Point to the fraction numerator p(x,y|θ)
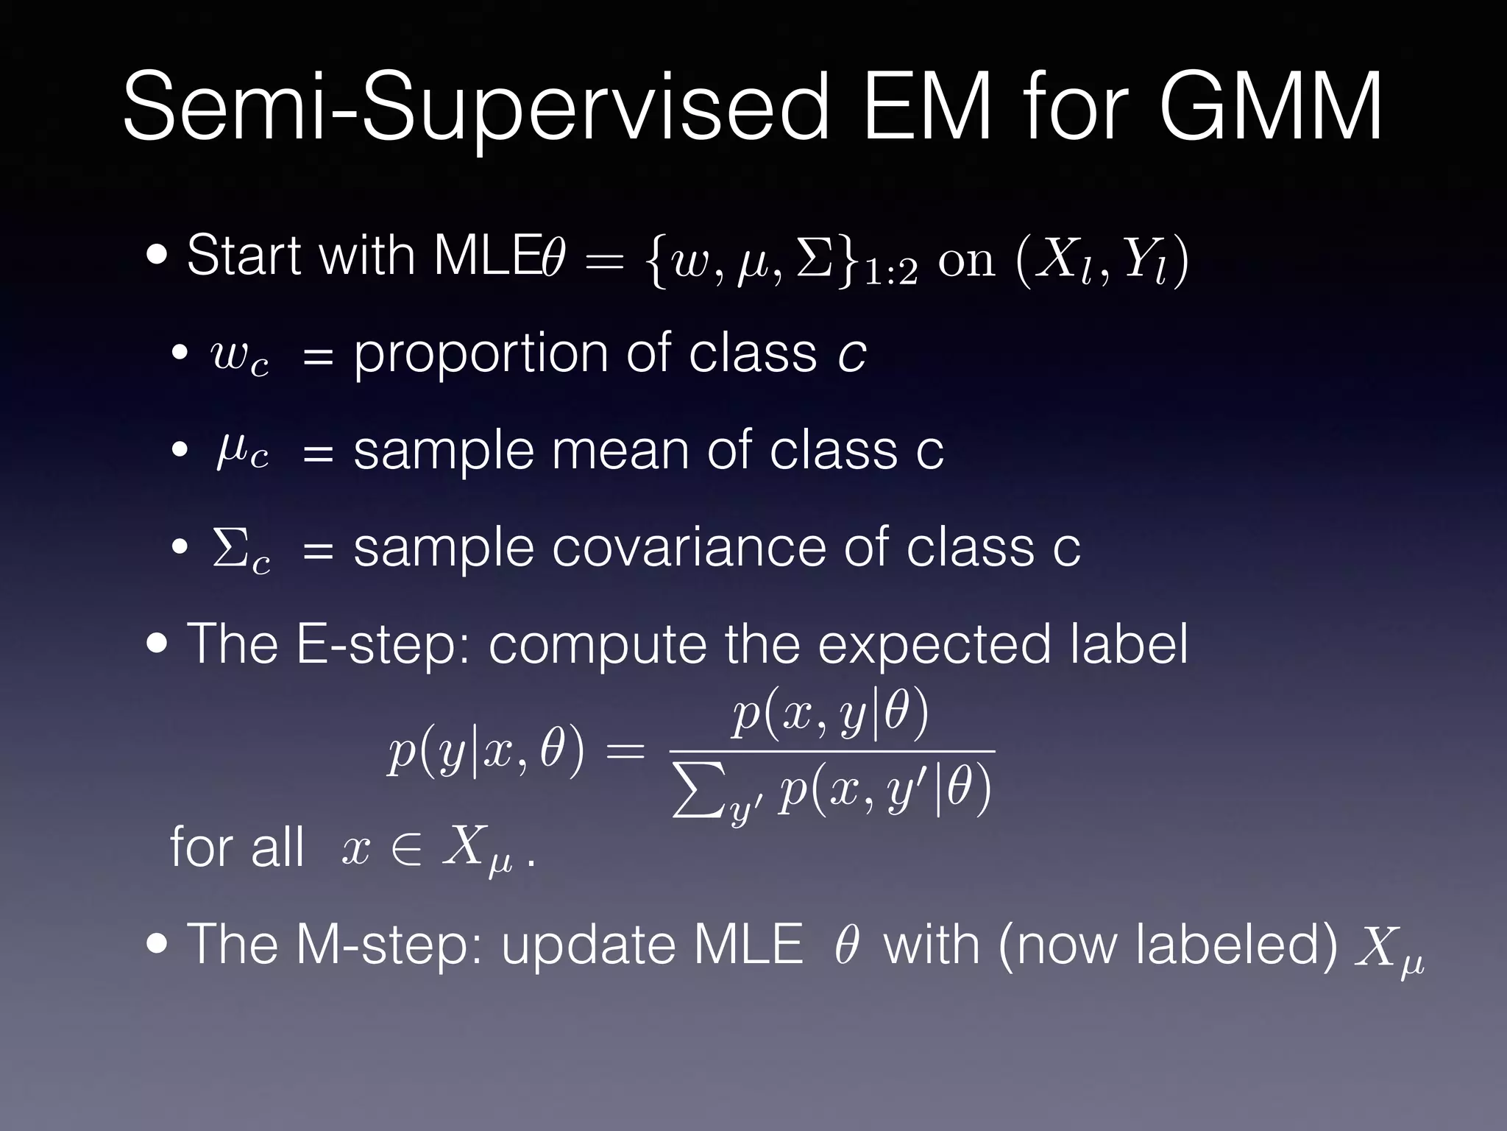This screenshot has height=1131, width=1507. click(x=831, y=716)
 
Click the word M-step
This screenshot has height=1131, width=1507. click(x=389, y=944)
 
